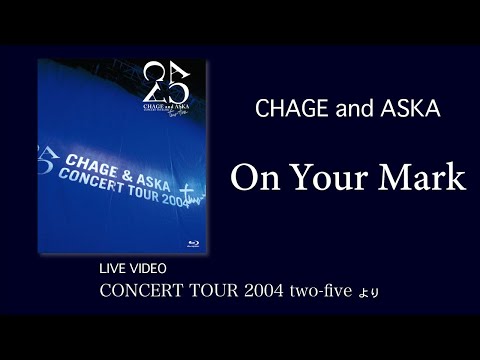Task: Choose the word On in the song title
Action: pos(254,177)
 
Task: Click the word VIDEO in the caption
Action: pos(151,270)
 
